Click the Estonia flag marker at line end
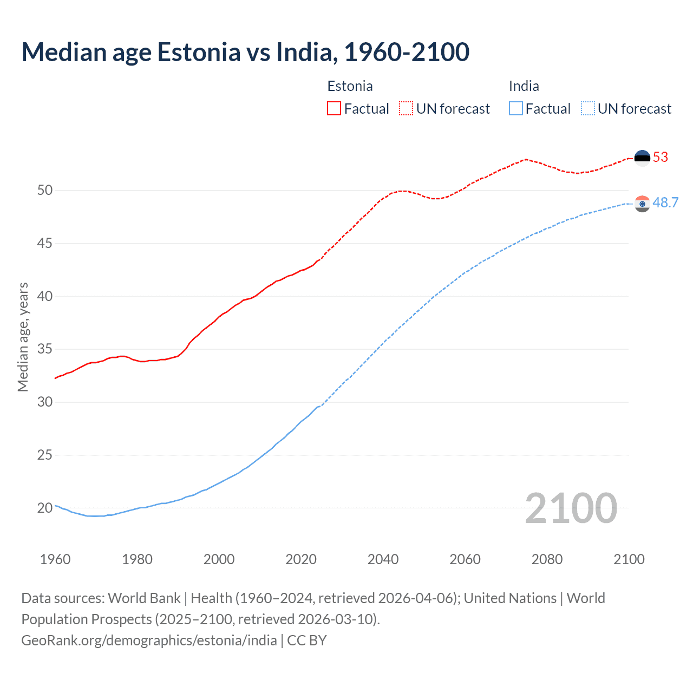(x=642, y=158)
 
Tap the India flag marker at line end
(x=642, y=204)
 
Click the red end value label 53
(x=661, y=157)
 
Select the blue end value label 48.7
(x=665, y=202)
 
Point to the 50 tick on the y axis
(x=45, y=190)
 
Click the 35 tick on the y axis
(x=45, y=349)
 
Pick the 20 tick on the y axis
(x=45, y=508)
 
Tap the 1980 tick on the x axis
(x=137, y=559)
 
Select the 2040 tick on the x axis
(x=383, y=559)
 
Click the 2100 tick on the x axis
(x=629, y=559)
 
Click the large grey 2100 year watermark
(x=571, y=508)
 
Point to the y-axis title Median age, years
(x=23, y=337)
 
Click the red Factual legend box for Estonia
(x=334, y=108)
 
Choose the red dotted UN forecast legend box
(x=406, y=108)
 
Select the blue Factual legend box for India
(x=515, y=108)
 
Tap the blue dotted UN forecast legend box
(x=587, y=108)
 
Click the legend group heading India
(x=524, y=86)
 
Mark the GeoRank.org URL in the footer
(x=149, y=640)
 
